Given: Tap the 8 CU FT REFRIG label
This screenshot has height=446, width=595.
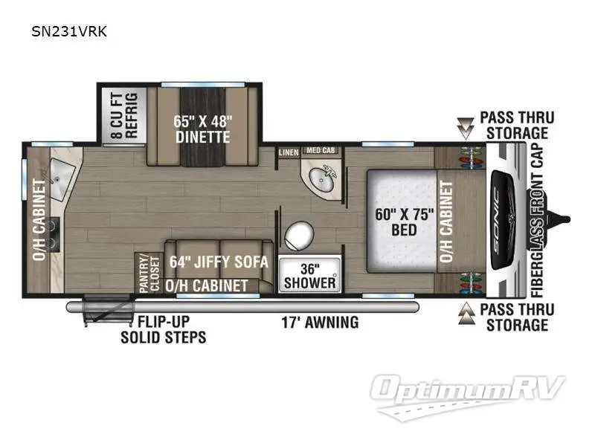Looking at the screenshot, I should (x=124, y=115).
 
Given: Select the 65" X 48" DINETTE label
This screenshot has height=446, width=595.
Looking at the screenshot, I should (x=202, y=129).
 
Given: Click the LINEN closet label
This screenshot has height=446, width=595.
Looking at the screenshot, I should (x=289, y=152).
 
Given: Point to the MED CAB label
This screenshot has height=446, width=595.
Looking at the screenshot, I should (x=321, y=151).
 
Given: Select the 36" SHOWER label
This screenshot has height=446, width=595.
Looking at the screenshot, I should (x=309, y=275).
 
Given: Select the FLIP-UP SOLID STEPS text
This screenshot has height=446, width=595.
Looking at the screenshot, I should (x=164, y=330).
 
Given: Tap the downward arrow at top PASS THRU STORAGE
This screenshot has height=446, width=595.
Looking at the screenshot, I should (x=466, y=128).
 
